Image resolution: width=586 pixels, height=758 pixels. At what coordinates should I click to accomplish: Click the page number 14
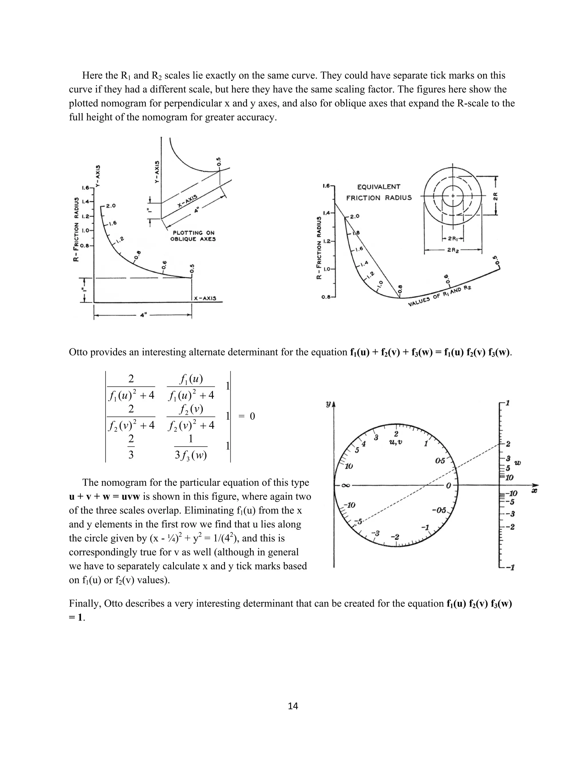pyautogui.click(x=293, y=706)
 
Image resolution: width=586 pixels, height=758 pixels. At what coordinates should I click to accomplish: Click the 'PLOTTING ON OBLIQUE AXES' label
pyautogui.click(x=193, y=236)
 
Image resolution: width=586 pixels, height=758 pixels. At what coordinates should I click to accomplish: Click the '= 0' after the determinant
pyautogui.click(x=247, y=416)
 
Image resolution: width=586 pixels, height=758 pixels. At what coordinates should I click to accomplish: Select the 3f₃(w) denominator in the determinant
pyautogui.click(x=191, y=455)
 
